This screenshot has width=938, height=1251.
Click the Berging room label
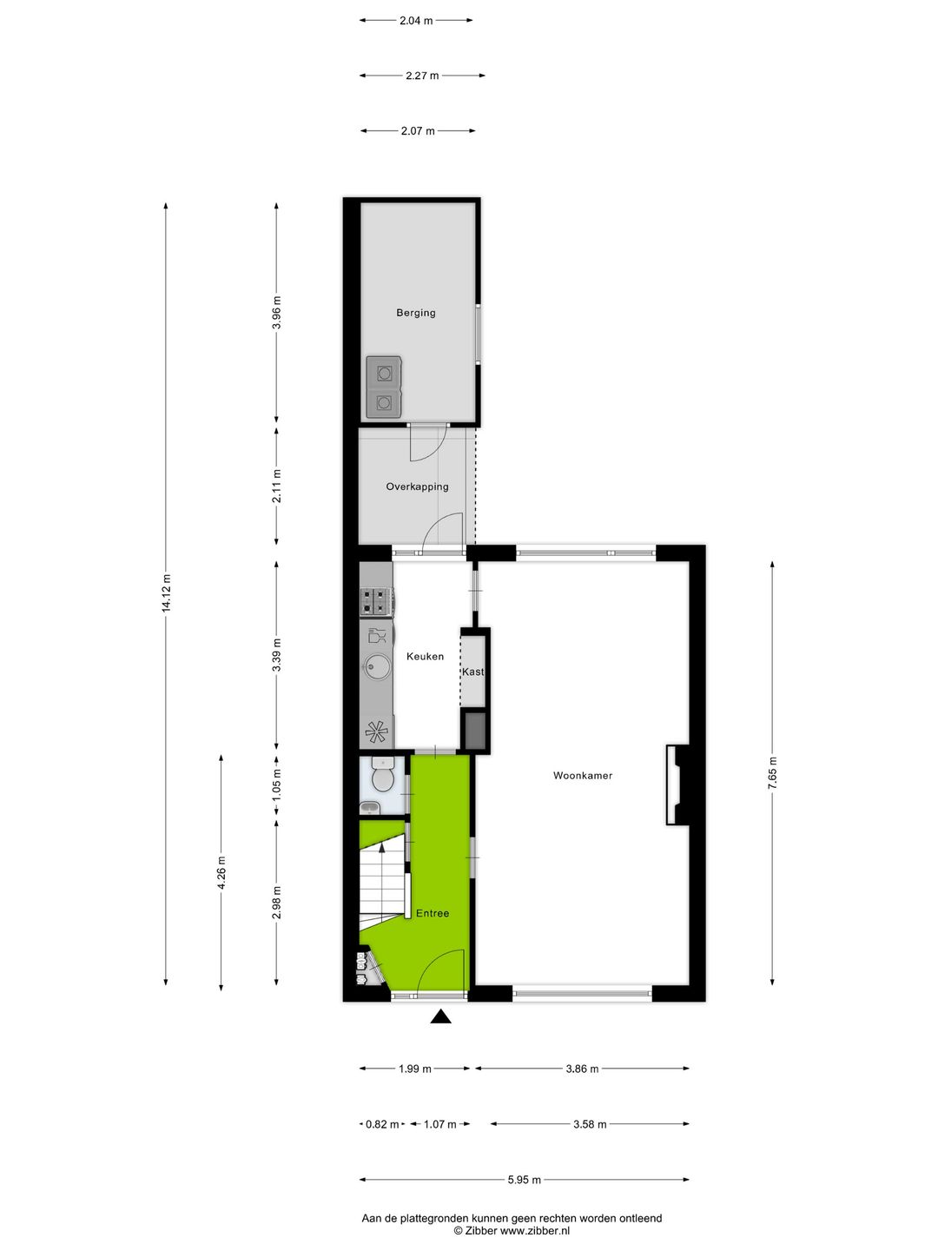pos(416,313)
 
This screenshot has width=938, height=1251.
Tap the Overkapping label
pos(417,486)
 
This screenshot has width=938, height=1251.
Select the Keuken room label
pos(425,657)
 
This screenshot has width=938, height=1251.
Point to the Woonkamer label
pos(583,776)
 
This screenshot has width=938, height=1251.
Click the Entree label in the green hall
pos(433,913)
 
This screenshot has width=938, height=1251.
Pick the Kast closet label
pos(472,672)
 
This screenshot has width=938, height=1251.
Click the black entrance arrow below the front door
pos(441,1016)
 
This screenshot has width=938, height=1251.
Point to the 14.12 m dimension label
pos(166,593)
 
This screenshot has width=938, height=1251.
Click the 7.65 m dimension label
pos(772,772)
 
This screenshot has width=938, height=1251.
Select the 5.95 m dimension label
pos(524,1180)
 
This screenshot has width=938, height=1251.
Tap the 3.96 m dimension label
pos(276,313)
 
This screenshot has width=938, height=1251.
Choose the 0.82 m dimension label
pos(382,1124)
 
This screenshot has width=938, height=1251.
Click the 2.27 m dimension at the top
pos(422,76)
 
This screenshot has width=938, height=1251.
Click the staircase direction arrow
pos(383,847)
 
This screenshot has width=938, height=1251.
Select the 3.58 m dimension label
pos(590,1124)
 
